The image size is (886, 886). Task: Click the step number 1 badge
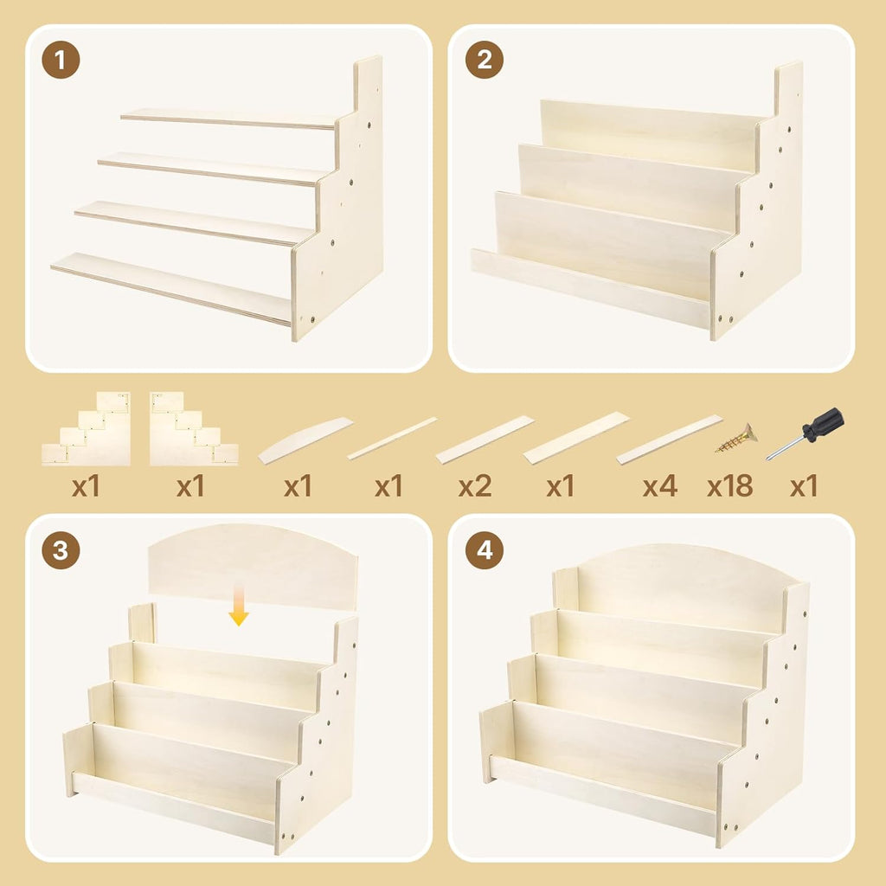tap(61, 61)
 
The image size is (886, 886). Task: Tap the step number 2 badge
tap(485, 61)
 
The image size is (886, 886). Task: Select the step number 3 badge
tap(61, 551)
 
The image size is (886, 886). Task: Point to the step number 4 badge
tap(485, 551)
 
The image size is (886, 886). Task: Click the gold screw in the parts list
tap(735, 439)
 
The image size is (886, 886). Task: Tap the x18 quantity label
tap(729, 486)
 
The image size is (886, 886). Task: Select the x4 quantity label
tap(659, 486)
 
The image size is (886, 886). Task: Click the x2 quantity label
tap(475, 486)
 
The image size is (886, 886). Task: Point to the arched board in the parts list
tap(305, 440)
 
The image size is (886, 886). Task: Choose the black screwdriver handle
tap(823, 423)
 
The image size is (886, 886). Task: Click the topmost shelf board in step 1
tap(228, 119)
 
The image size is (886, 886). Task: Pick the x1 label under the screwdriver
tap(804, 486)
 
